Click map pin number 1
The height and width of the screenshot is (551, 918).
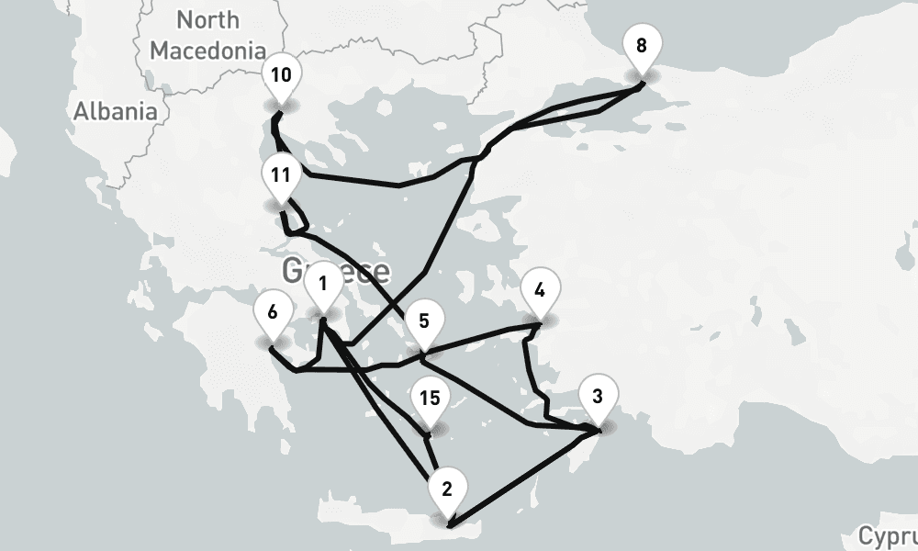(x=322, y=283)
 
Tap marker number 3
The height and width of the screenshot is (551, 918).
(x=598, y=398)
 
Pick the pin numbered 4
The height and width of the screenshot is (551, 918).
(x=540, y=291)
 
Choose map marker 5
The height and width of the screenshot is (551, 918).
(x=423, y=321)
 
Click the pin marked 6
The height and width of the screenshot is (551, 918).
(x=273, y=312)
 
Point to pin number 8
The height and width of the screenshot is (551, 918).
(x=641, y=45)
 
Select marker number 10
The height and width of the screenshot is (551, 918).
(x=281, y=75)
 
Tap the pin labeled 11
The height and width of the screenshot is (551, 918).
(x=281, y=174)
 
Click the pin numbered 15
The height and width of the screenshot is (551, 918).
(x=429, y=399)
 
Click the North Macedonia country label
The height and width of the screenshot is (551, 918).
(x=208, y=34)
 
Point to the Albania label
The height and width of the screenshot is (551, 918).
(x=116, y=112)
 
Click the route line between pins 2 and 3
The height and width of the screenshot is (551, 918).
(x=523, y=478)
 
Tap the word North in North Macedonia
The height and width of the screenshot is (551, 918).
(x=208, y=19)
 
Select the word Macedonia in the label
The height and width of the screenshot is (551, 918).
(x=208, y=50)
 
